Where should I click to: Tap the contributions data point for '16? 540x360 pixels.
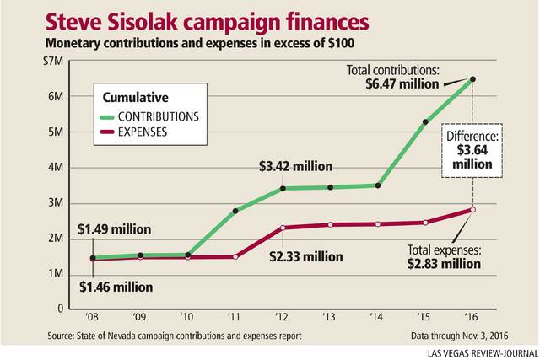coord(473,79)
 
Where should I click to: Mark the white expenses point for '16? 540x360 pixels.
coord(473,209)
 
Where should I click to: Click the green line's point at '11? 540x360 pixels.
coord(235,211)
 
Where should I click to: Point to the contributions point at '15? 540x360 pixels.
coord(425,122)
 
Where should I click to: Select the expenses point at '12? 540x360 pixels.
coord(282,228)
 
